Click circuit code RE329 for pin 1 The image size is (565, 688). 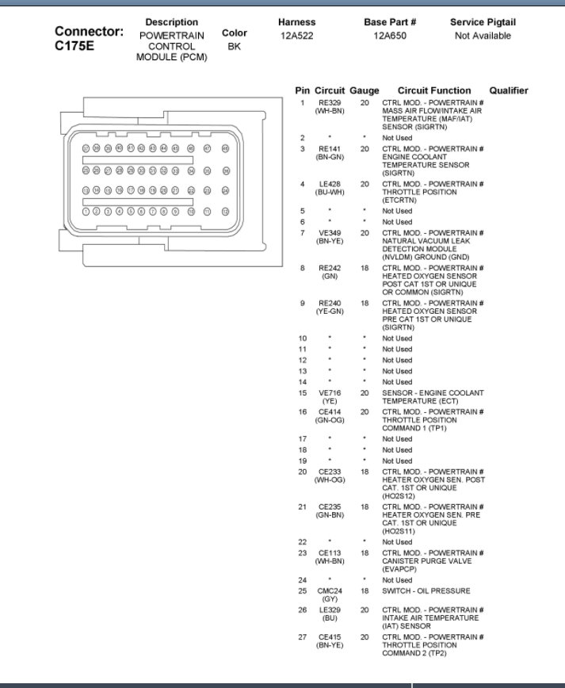330,103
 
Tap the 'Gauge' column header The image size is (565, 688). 365,90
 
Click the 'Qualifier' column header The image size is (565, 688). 508,90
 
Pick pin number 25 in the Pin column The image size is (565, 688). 302,591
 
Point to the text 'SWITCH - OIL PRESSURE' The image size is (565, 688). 426,591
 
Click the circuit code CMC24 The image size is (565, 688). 330,591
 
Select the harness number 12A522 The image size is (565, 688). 297,36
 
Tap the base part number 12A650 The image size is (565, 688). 390,36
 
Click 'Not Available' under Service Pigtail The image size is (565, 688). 483,36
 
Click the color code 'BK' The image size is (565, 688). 234,46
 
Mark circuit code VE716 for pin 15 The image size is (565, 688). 330,393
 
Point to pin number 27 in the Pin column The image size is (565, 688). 302,637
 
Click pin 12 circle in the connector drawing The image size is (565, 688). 225,212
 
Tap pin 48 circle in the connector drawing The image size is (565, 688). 225,148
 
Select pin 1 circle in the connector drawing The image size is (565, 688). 86,212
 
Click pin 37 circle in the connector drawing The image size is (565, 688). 86,148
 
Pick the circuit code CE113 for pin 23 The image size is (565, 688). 330,553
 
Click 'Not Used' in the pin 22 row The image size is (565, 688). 397,542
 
